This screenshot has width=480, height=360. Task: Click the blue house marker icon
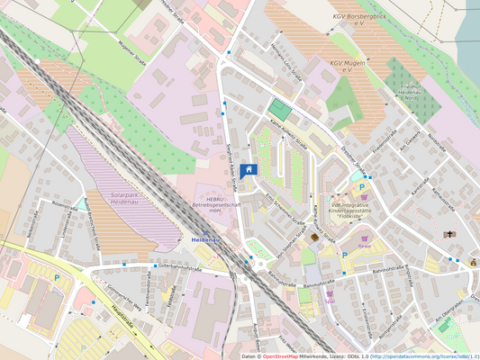[x=249, y=170]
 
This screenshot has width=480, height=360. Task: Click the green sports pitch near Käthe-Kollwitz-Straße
[x=281, y=111]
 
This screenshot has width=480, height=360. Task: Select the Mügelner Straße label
[x=131, y=61]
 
